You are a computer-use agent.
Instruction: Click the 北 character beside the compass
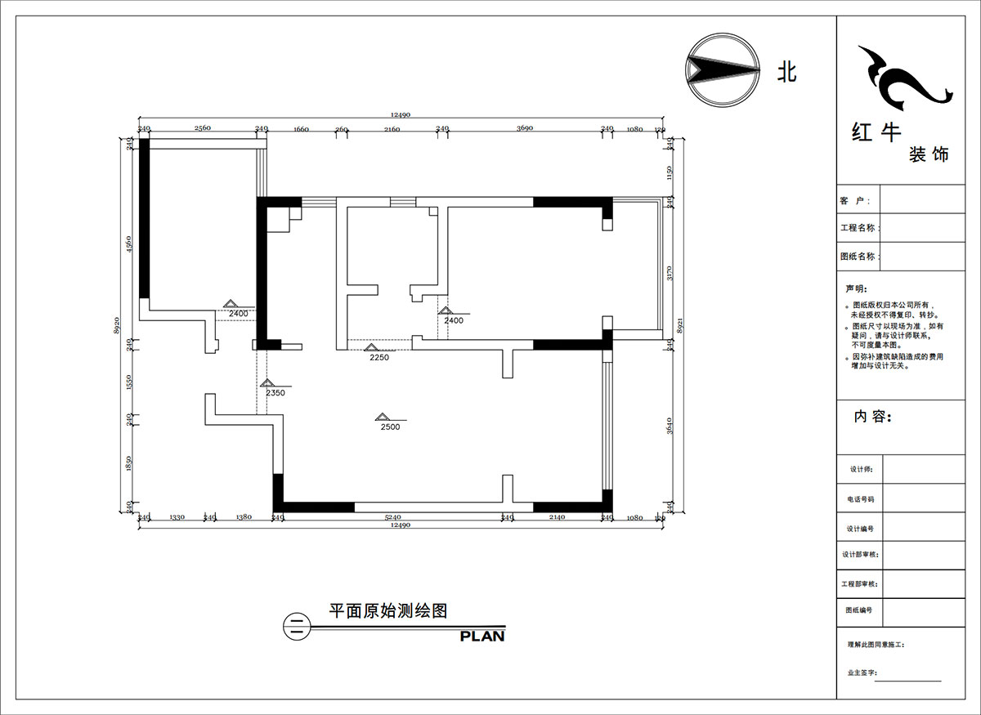click(x=786, y=73)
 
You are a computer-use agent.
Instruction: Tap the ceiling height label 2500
click(x=390, y=427)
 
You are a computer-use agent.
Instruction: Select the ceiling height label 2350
click(x=275, y=393)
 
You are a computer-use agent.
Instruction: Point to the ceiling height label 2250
click(x=379, y=357)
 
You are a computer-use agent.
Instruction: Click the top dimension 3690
click(x=524, y=128)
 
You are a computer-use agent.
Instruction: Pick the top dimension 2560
click(x=203, y=128)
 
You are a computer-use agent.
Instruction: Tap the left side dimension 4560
click(x=129, y=246)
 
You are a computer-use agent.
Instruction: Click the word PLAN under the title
click(x=482, y=636)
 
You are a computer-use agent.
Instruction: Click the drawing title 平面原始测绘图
click(x=387, y=610)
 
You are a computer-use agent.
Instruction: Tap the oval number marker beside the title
click(x=295, y=627)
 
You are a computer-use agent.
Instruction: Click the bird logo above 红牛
click(x=901, y=78)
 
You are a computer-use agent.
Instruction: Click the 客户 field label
click(x=850, y=200)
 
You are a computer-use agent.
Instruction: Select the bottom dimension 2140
click(x=557, y=517)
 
